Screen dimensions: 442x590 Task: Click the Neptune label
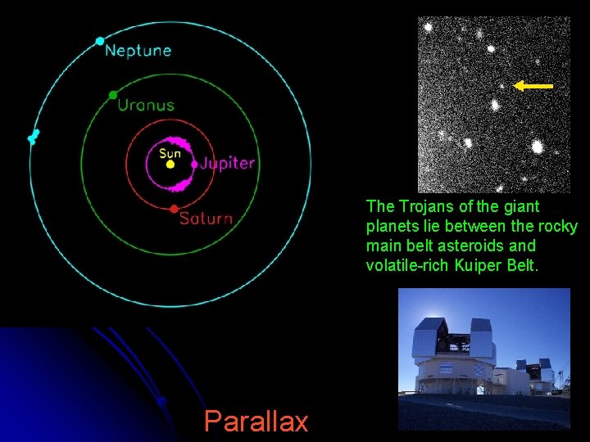point(138,50)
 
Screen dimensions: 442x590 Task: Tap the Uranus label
point(146,105)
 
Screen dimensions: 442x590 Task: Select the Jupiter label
point(228,163)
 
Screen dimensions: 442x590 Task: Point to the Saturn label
point(206,219)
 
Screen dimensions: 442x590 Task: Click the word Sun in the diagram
point(170,153)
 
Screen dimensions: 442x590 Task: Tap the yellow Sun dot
point(170,165)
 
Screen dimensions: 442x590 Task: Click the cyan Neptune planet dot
point(100,41)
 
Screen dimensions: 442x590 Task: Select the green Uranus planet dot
point(113,95)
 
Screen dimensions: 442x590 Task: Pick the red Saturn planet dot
point(174,210)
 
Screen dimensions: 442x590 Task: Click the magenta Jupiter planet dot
point(194,164)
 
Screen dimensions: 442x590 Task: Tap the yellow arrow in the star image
point(533,85)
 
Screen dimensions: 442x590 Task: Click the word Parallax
point(256,421)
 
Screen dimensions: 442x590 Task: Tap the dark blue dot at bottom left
point(162,401)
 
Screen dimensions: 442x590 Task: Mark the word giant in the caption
point(521,206)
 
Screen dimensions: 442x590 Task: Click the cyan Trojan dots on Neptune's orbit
point(34,136)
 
